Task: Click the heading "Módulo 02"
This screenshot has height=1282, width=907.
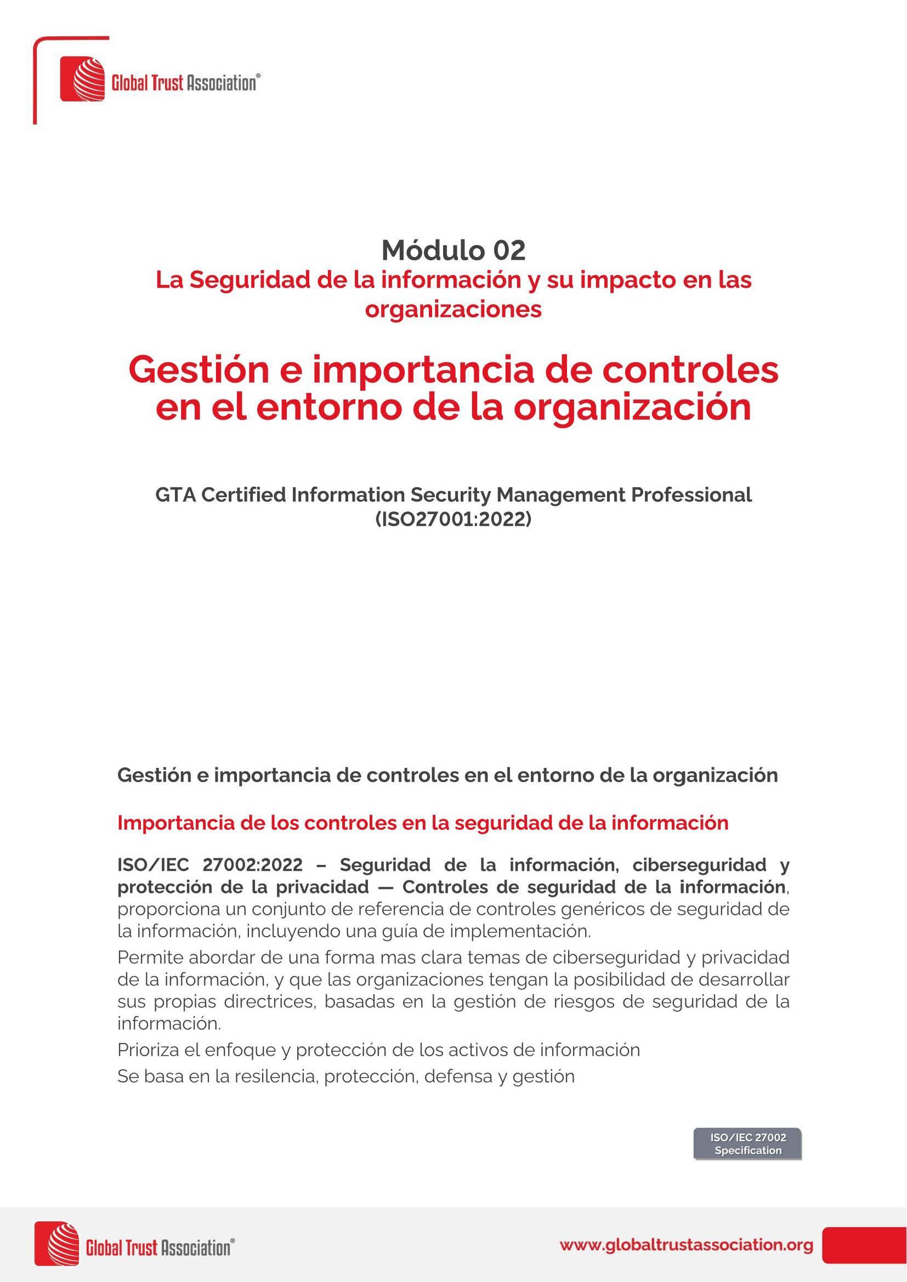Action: (453, 250)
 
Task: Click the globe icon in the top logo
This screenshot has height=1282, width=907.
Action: (83, 80)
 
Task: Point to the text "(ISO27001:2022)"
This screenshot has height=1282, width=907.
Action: (453, 519)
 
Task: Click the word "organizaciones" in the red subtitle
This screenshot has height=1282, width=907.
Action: (453, 309)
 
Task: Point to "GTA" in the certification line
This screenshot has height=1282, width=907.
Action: (175, 495)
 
